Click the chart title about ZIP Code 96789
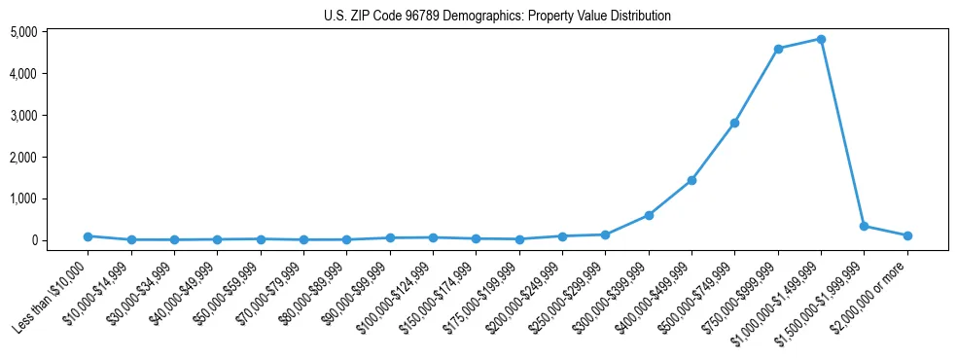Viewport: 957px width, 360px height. click(x=497, y=16)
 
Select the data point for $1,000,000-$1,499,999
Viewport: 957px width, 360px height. click(x=821, y=39)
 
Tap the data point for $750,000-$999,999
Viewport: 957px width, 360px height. click(x=778, y=49)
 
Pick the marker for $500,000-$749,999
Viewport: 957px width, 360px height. click(x=734, y=123)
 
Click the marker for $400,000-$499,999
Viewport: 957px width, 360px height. click(x=691, y=180)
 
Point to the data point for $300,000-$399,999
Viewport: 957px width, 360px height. click(x=649, y=215)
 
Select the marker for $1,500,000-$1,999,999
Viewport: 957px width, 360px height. click(x=864, y=226)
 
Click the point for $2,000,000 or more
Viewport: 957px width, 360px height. click(x=907, y=235)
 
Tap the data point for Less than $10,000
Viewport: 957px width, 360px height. click(x=88, y=236)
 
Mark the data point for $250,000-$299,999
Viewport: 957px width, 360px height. click(x=605, y=234)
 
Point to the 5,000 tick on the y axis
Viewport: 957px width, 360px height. click(x=50, y=32)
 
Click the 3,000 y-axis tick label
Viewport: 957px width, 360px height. click(x=50, y=116)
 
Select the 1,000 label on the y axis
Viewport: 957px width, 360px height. click(x=50, y=198)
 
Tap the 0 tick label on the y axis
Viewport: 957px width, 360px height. click(x=59, y=240)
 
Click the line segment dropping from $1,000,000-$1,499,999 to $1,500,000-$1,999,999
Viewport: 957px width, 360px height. click(x=842, y=132)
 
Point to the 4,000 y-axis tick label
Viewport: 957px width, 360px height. click(x=50, y=74)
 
